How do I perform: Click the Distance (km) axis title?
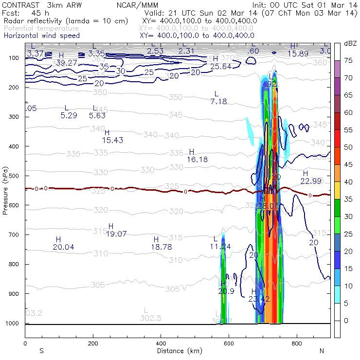[x=178, y=351]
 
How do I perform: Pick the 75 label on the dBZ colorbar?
[x=348, y=61]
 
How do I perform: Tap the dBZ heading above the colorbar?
[x=350, y=43]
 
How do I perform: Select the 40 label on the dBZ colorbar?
[x=348, y=181]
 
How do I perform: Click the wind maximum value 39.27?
[x=67, y=63]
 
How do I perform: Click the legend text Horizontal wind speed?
[x=41, y=36]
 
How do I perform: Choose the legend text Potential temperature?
[x=41, y=28]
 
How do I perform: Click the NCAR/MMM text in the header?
[x=144, y=5]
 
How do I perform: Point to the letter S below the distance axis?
[x=41, y=351]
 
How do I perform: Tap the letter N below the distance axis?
[x=322, y=351]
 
